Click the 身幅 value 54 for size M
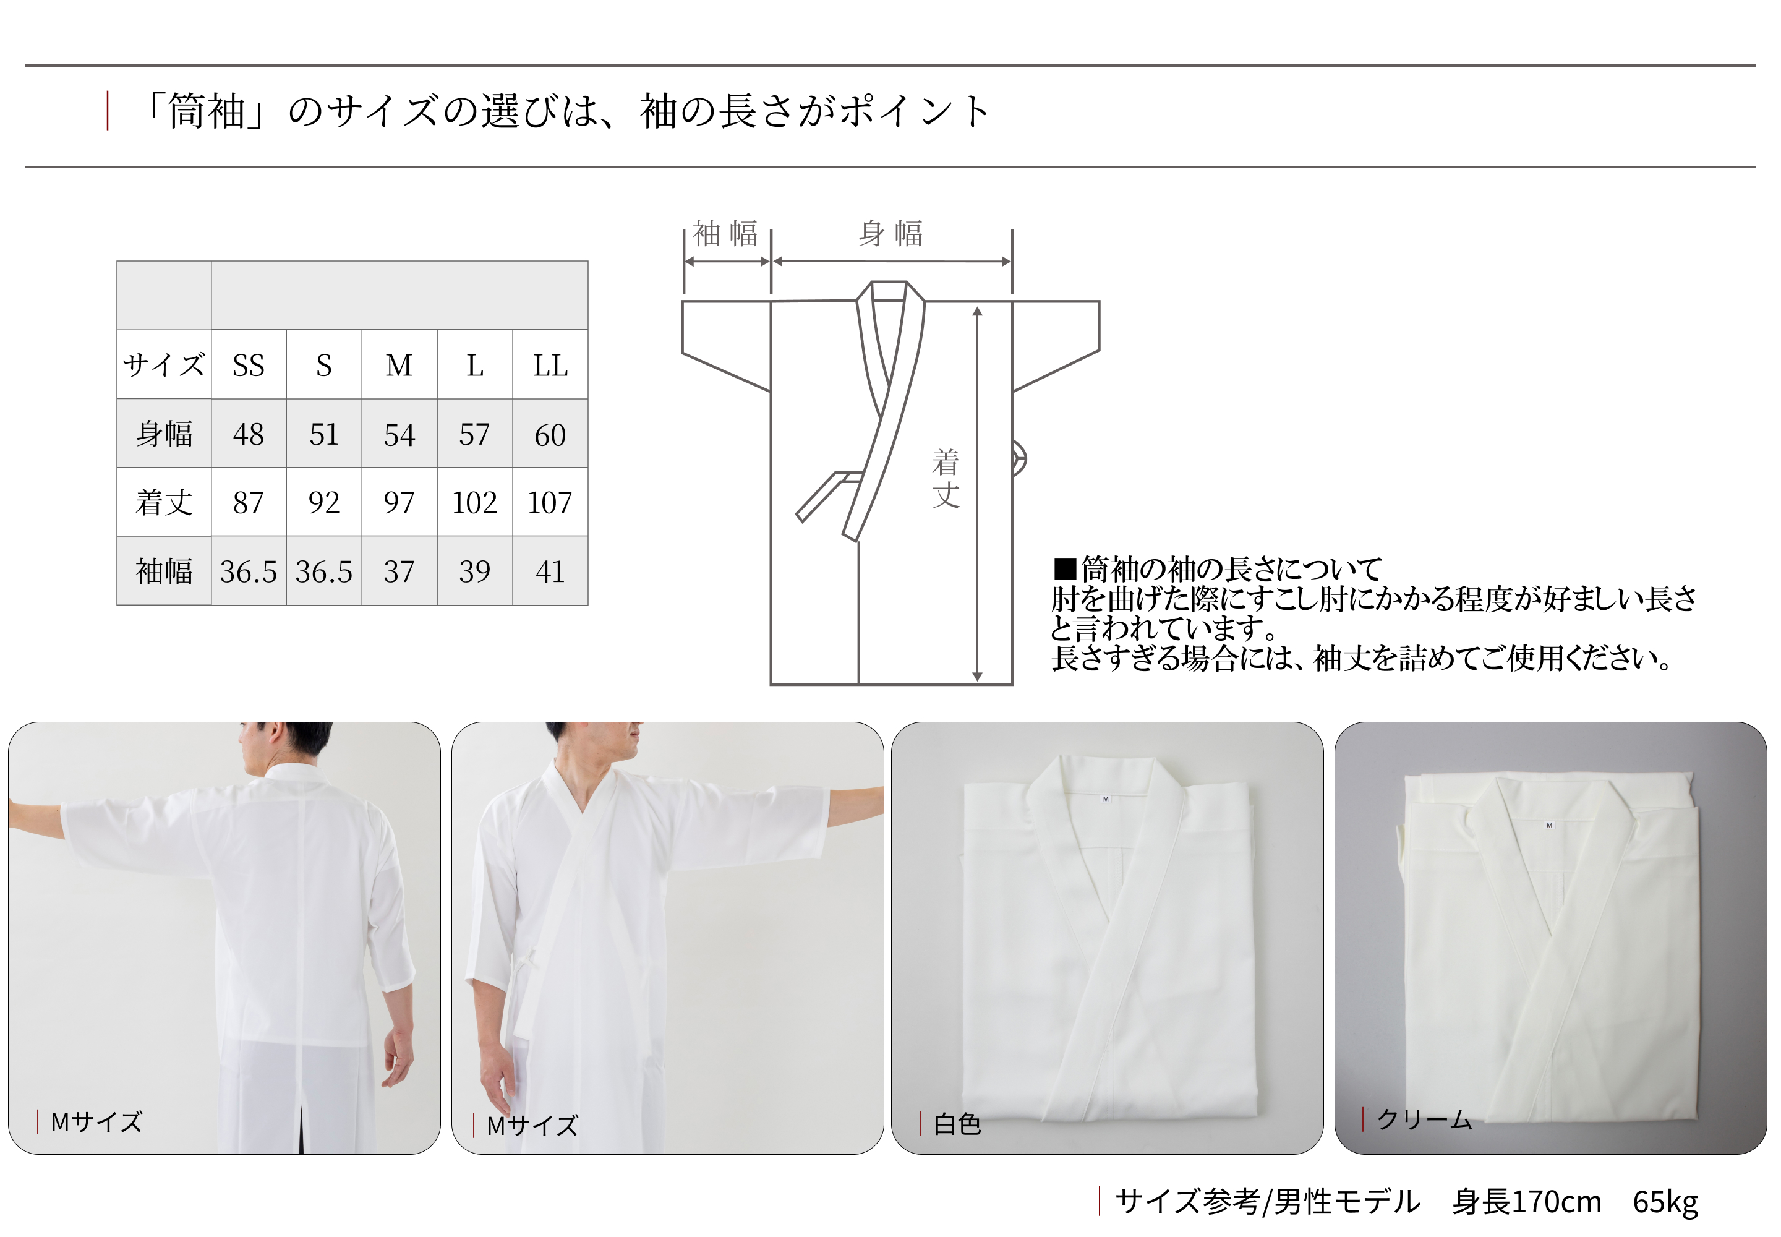pos(399,434)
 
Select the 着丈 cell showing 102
pos(474,502)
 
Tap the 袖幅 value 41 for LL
pos(550,571)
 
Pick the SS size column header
pos(248,365)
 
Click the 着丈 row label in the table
pos(163,502)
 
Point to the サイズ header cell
pos(163,365)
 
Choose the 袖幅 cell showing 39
pos(474,571)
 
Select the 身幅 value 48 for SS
pos(248,434)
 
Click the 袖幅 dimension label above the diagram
pos(725,233)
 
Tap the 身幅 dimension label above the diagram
pos(890,233)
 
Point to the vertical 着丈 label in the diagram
pos(946,479)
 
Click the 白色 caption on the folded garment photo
pos(957,1124)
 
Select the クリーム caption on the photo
pos(1424,1119)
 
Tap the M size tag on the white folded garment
pos(1105,799)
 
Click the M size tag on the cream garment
pos(1549,826)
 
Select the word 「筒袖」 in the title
pos(205,111)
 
